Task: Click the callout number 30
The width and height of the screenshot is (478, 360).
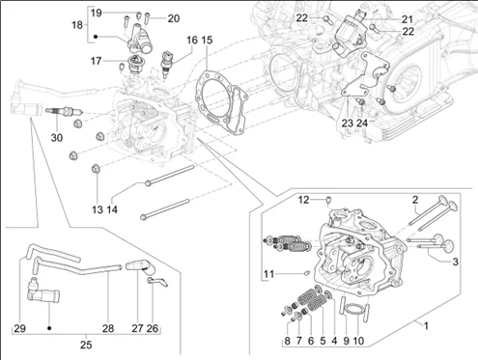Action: [57, 138]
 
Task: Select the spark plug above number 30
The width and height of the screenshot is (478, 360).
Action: [65, 111]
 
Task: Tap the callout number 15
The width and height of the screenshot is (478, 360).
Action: [207, 41]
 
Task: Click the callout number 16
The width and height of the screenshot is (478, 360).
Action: [192, 41]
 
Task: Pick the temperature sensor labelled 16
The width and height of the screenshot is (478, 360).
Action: [168, 65]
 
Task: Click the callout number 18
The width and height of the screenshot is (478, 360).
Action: [77, 24]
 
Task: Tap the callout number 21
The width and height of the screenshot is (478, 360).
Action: [408, 19]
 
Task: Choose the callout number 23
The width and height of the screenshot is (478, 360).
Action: [347, 123]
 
